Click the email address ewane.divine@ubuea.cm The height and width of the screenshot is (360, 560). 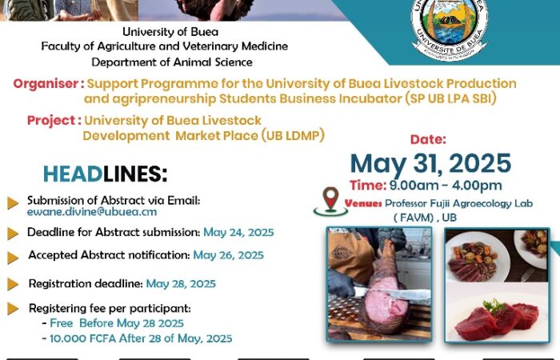coord(92,212)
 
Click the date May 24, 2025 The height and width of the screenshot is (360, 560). coord(238,233)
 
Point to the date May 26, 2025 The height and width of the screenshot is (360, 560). coord(228,255)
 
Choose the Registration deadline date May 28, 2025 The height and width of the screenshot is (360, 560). coord(181,284)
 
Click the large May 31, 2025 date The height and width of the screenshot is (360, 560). coord(430,163)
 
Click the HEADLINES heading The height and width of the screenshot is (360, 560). coord(105,174)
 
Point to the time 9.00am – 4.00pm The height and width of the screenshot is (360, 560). coord(446,186)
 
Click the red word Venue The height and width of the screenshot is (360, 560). coord(363,203)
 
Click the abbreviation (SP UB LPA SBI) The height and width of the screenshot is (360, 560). coord(450,98)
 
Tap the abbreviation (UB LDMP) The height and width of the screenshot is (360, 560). coord(293,136)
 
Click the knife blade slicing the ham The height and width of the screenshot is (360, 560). coord(393,294)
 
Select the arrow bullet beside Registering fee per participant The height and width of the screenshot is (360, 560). coord(13,308)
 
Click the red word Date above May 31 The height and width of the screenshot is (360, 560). coord(428,139)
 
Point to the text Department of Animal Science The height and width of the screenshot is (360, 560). coord(172,62)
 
